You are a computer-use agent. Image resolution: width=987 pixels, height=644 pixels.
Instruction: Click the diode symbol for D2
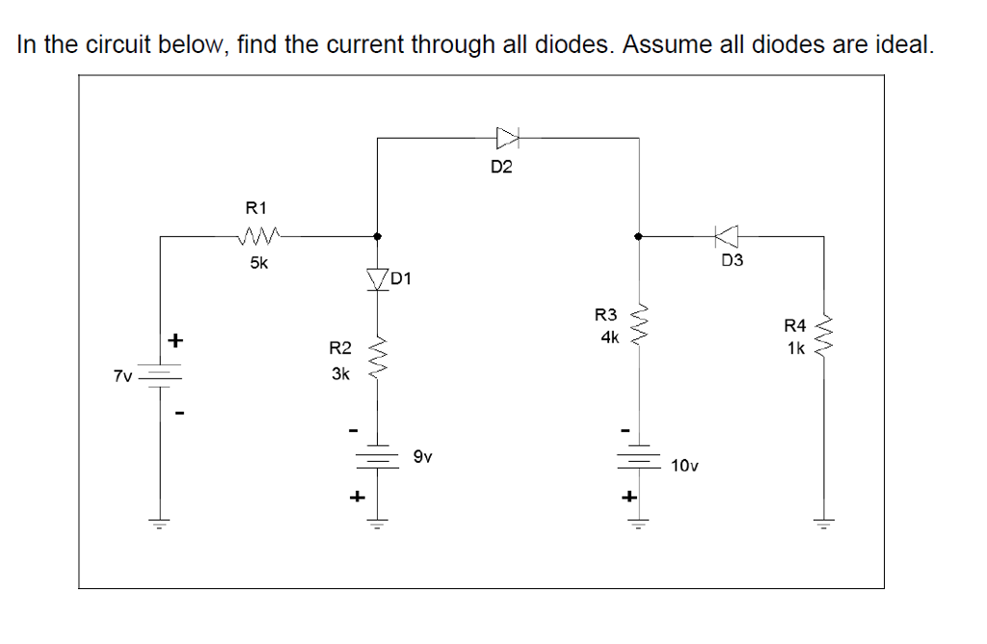(x=507, y=138)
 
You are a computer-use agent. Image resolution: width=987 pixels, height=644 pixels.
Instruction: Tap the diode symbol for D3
(x=727, y=235)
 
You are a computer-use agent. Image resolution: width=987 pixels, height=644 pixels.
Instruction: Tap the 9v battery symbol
(x=376, y=460)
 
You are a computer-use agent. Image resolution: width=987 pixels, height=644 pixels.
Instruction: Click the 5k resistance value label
(x=259, y=262)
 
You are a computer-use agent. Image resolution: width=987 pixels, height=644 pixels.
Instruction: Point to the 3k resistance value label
(x=339, y=374)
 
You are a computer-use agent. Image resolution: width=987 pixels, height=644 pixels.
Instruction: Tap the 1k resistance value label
(x=795, y=349)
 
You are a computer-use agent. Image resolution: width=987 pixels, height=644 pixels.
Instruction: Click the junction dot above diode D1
(x=376, y=235)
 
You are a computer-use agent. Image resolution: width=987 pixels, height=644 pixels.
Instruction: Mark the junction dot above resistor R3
(x=636, y=235)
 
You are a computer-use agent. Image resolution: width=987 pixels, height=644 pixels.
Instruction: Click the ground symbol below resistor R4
(x=822, y=525)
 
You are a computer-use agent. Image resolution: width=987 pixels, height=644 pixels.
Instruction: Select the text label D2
(x=501, y=168)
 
